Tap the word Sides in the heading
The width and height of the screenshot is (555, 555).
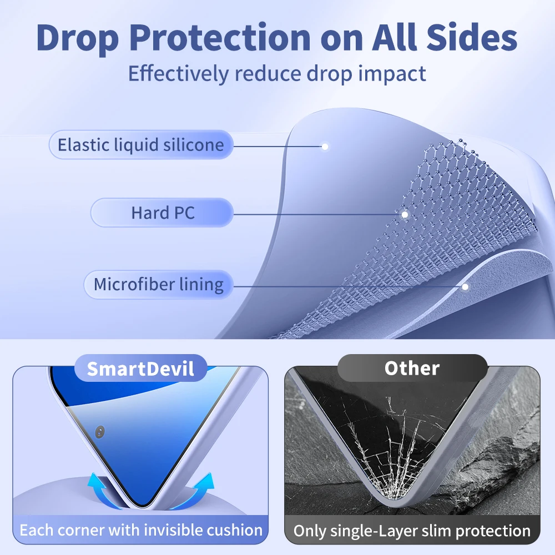(472, 37)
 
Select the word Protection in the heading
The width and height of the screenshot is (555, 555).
(220, 37)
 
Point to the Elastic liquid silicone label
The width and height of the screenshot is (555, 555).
(141, 145)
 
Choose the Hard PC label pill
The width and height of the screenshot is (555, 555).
(162, 213)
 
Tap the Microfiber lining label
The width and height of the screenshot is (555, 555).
(159, 284)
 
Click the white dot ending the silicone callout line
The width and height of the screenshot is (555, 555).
(325, 146)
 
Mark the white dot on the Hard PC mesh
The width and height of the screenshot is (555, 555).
(405, 214)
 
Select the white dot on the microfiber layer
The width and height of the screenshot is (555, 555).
(466, 286)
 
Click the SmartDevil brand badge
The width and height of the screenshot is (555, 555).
(140, 369)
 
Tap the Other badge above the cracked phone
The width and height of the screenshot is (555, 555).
(412, 368)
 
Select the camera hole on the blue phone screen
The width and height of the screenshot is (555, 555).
(100, 432)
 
